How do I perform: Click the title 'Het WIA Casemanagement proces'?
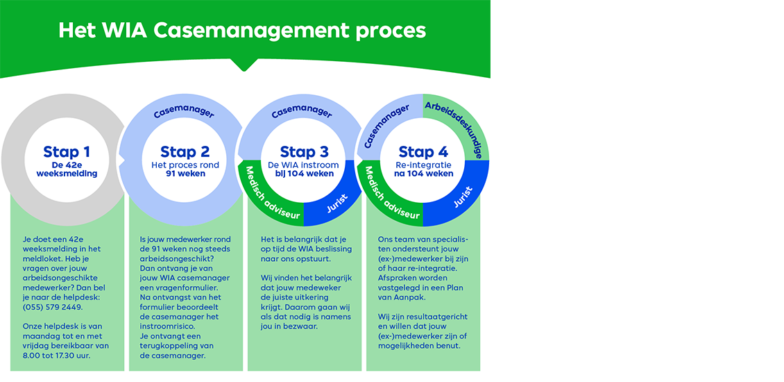click(242, 31)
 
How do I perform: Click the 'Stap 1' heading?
click(67, 152)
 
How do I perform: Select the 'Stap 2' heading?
click(185, 152)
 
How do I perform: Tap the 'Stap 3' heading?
click(304, 152)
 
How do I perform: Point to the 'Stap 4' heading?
click(423, 152)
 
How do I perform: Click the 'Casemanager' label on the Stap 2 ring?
click(185, 111)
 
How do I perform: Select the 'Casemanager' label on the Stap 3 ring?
click(304, 111)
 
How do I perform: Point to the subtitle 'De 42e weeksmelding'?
click(67, 169)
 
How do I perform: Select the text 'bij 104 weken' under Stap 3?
click(304, 174)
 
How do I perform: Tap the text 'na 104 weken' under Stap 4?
click(423, 174)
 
